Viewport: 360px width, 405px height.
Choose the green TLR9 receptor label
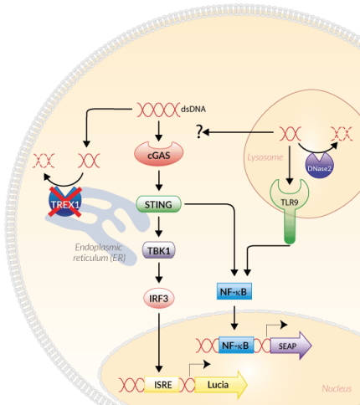pos(288,202)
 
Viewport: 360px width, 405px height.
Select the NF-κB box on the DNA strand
pos(235,343)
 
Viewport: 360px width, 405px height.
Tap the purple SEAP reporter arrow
pos(288,343)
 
